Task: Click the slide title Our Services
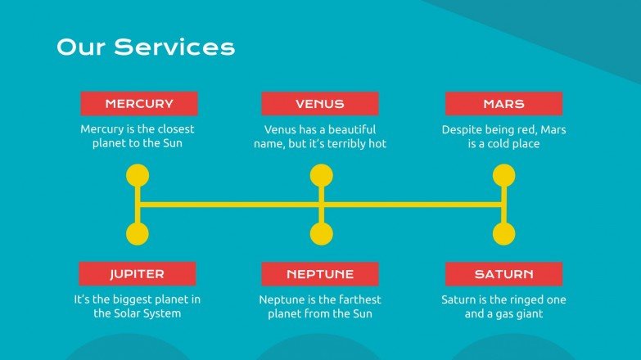point(145,47)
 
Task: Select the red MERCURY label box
point(139,104)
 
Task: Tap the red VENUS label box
point(320,104)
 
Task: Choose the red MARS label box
point(503,104)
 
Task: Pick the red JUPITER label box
point(138,274)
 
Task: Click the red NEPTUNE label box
point(320,274)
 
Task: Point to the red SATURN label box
point(503,274)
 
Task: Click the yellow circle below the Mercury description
point(138,176)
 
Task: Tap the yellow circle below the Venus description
point(321,176)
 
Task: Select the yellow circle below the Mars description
point(504,176)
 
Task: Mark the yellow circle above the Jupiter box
point(138,235)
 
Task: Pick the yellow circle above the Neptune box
point(321,235)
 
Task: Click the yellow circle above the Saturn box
point(504,235)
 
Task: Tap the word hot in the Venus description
point(377,144)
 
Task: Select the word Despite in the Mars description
point(461,129)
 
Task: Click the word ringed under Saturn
point(518,299)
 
